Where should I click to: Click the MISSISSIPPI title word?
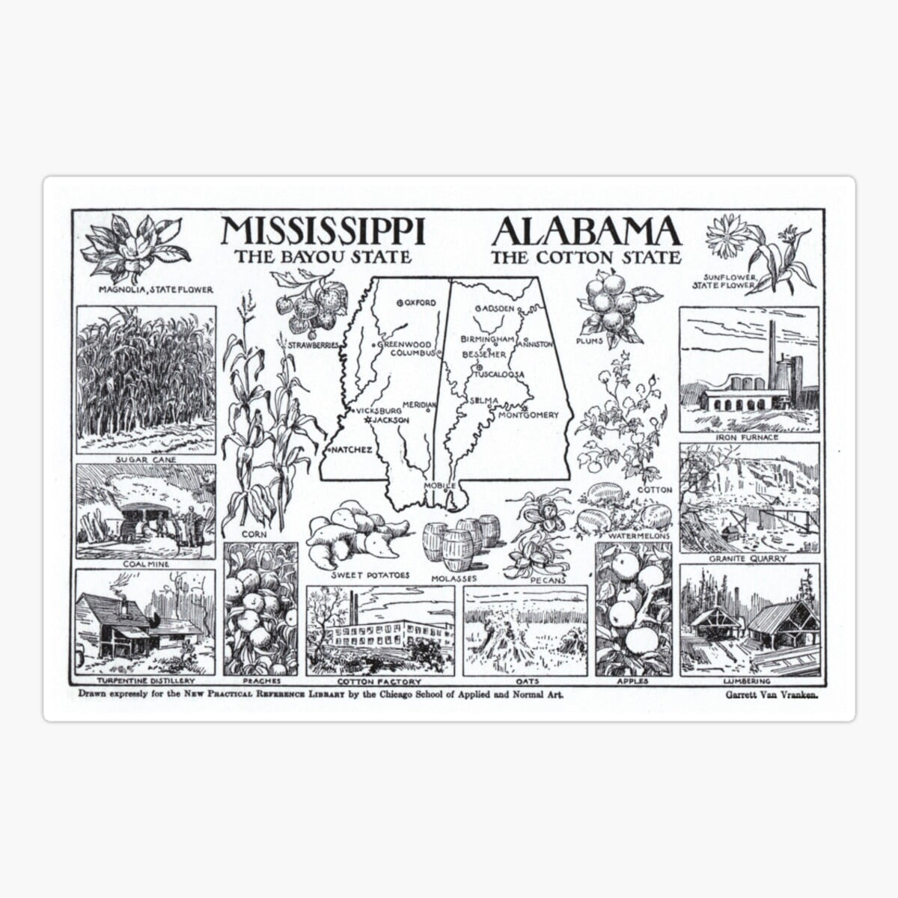(323, 231)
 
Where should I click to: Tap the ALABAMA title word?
(586, 231)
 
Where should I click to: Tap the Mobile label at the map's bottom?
(439, 486)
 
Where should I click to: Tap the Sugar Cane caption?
(146, 459)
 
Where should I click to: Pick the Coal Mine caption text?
(146, 564)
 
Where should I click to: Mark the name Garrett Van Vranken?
(771, 694)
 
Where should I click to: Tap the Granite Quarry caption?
(748, 558)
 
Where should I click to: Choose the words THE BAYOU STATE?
(323, 257)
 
